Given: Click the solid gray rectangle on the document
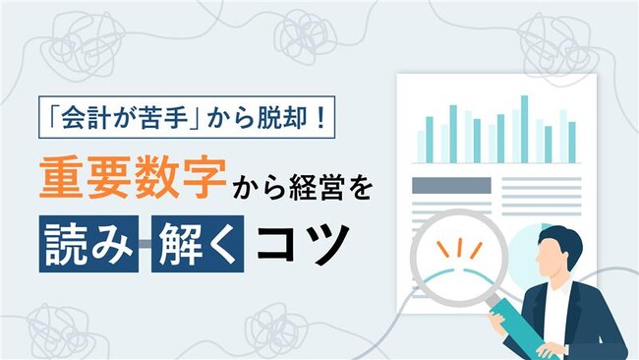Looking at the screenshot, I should pyautogui.click(x=450, y=185).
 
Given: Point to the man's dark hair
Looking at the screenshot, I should pyautogui.click(x=564, y=235).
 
